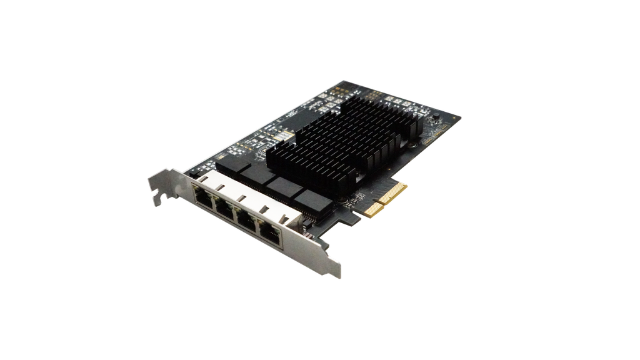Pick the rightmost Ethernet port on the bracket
tap(271, 234)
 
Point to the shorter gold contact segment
tap(374, 211)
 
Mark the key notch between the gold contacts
tap(382, 204)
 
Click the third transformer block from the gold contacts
tap(259, 176)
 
